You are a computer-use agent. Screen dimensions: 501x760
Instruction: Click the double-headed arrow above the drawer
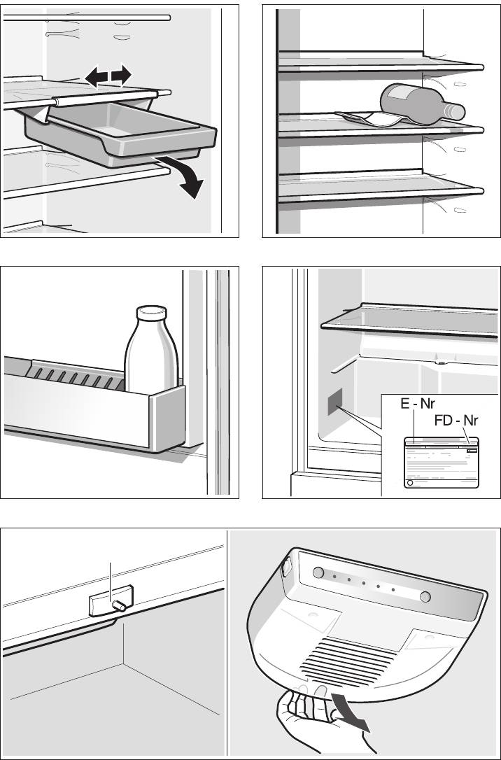[108, 75]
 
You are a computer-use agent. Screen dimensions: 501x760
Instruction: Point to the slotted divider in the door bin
[77, 378]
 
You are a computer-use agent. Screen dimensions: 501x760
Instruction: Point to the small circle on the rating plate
[411, 483]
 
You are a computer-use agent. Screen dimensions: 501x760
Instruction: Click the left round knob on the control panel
[318, 573]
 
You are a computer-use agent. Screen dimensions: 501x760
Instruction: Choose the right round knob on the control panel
[425, 596]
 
